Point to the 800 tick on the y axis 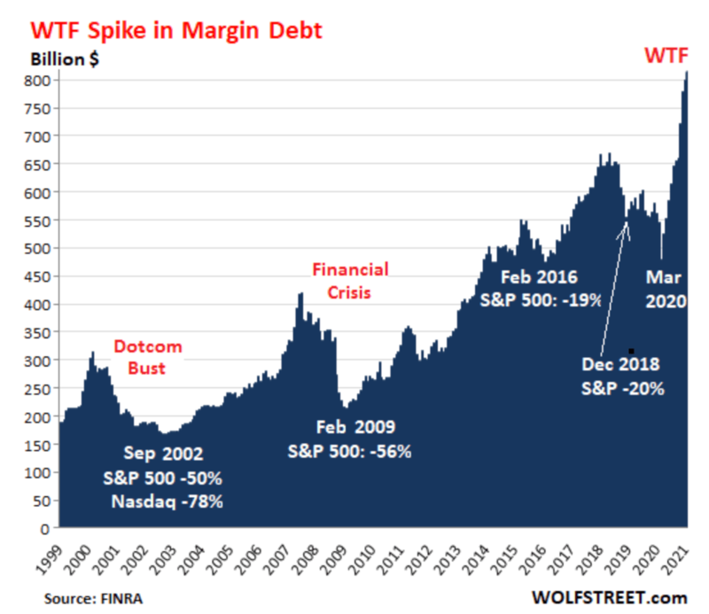tap(40, 80)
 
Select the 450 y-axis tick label tap(40, 276)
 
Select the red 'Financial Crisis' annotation tap(349, 280)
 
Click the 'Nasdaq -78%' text tap(167, 502)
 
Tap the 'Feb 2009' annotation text tap(349, 426)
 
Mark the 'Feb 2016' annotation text tap(541, 276)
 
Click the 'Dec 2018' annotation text tap(621, 364)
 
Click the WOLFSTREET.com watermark tap(609, 598)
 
